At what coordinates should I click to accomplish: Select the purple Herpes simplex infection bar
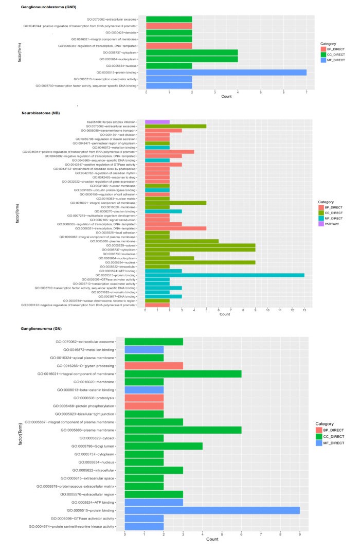(157, 121)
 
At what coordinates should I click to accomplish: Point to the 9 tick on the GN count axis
(300, 534)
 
